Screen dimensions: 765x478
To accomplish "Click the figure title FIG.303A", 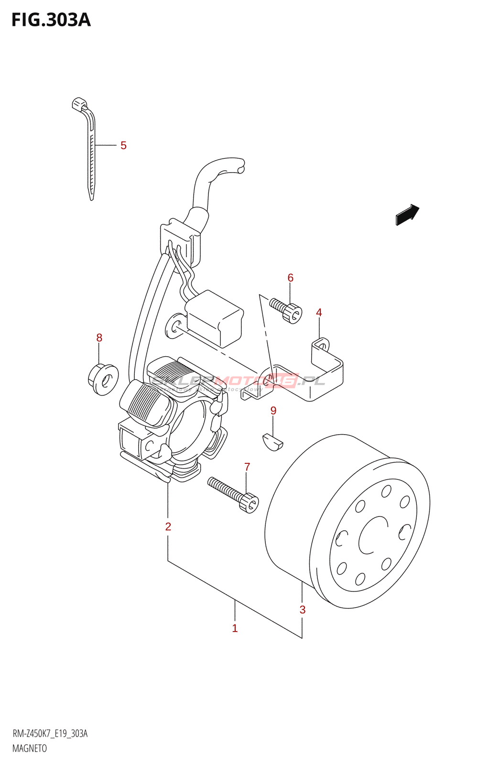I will pyautogui.click(x=51, y=20).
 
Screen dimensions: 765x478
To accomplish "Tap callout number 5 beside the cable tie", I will pyautogui.click(x=123, y=145).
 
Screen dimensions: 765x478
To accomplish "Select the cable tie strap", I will pyautogui.click(x=91, y=153).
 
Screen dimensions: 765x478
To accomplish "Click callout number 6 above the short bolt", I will pyautogui.click(x=290, y=278).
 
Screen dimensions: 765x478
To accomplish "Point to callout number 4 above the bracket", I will pyautogui.click(x=319, y=313).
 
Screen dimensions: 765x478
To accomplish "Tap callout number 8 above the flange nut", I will pyautogui.click(x=99, y=338).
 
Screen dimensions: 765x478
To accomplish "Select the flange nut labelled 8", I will pyautogui.click(x=103, y=380).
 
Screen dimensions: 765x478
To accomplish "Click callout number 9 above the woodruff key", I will pyautogui.click(x=273, y=411).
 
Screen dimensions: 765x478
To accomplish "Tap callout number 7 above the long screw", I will pyautogui.click(x=247, y=467).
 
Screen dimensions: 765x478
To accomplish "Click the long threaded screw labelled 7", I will pyautogui.click(x=233, y=494).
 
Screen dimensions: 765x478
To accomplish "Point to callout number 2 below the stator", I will pyautogui.click(x=168, y=527).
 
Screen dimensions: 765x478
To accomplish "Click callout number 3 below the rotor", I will pyautogui.click(x=303, y=610).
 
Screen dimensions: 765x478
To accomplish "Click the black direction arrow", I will pyautogui.click(x=407, y=215).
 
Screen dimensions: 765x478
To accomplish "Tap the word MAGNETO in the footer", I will pyautogui.click(x=30, y=749).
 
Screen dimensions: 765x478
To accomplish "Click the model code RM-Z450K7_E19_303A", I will pyautogui.click(x=50, y=734).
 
